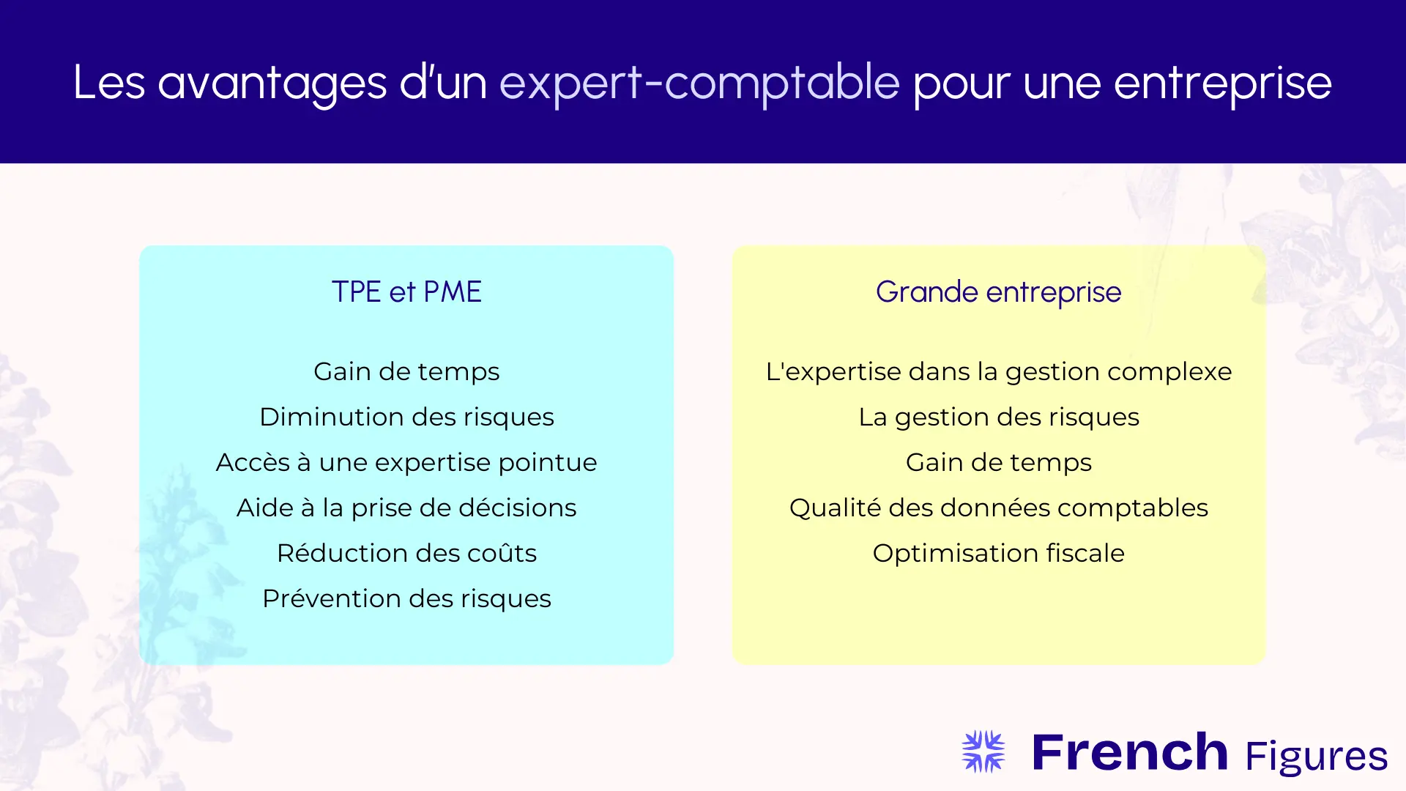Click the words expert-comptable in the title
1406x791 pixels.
(x=699, y=83)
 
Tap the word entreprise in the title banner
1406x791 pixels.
(x=1222, y=83)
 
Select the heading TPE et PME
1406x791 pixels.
(x=406, y=291)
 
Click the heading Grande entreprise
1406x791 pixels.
(x=998, y=291)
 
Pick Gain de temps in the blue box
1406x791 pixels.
(x=406, y=371)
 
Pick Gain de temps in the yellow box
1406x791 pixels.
(x=998, y=462)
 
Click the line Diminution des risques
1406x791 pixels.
(x=406, y=417)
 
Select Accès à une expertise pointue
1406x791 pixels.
(x=406, y=462)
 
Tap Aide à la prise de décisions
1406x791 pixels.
(x=406, y=508)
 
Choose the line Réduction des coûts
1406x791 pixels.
(x=406, y=553)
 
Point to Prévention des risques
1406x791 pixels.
(x=406, y=598)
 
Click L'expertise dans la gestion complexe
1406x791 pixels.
(x=998, y=371)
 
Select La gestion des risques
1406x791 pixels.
(x=998, y=417)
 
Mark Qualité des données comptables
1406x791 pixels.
(x=998, y=508)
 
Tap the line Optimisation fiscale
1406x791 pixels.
(x=998, y=553)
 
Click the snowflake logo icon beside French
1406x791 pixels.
(x=983, y=751)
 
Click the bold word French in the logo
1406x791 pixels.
(x=1129, y=752)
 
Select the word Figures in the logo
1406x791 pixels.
(x=1316, y=757)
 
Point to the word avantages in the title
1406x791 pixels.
(x=272, y=83)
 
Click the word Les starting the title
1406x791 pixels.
(x=109, y=83)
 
